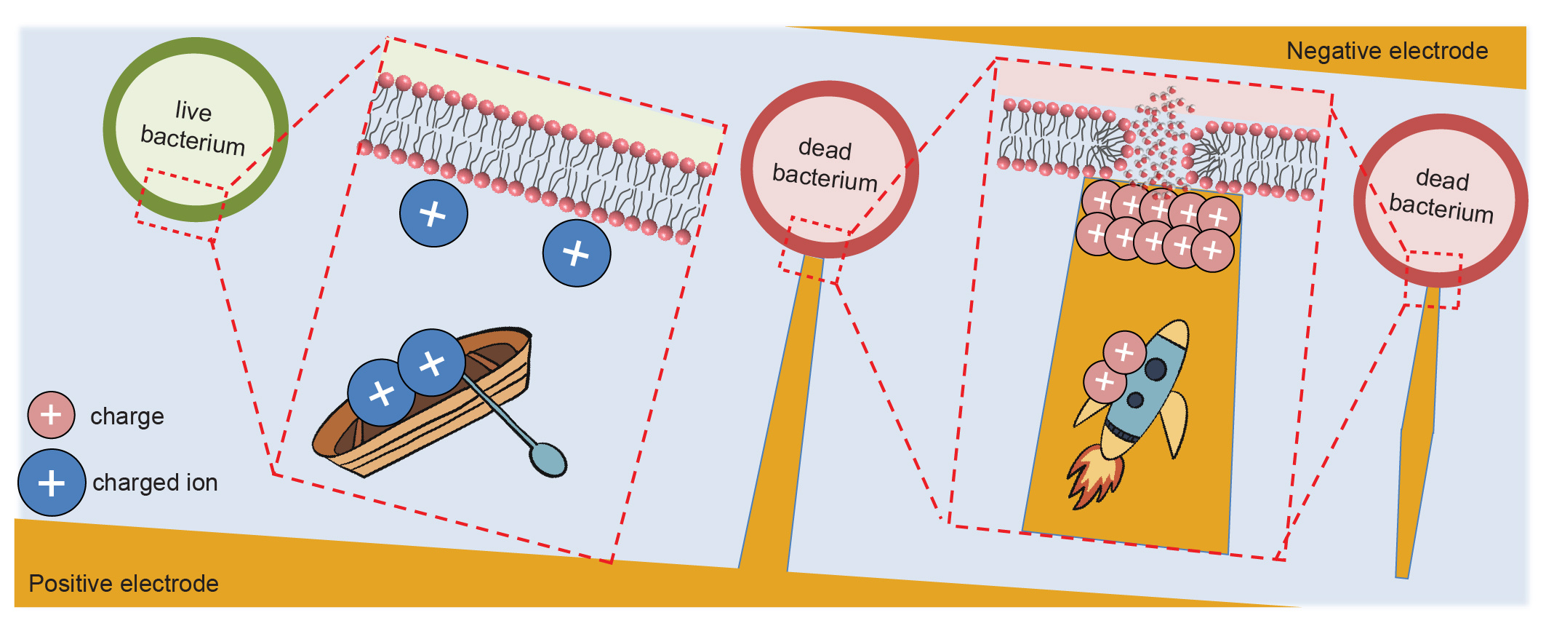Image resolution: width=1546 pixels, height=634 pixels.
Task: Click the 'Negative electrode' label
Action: point(1387,51)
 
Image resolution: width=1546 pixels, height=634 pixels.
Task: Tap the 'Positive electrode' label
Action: point(124,583)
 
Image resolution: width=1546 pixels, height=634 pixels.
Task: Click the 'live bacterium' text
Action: point(193,127)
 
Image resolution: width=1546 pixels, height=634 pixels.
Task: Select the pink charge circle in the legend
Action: point(51,415)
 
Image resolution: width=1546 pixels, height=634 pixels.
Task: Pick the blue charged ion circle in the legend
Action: point(52,483)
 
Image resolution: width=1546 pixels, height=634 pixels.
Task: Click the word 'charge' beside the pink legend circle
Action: point(127,416)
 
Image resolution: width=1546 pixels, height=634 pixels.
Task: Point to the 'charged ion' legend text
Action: point(155,483)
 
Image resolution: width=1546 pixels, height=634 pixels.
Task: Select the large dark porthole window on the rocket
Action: point(1156,369)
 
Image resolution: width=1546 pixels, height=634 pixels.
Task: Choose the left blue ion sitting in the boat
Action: point(381,393)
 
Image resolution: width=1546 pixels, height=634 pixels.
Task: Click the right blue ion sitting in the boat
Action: point(431,362)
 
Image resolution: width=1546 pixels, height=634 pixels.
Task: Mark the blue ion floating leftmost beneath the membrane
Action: point(433,214)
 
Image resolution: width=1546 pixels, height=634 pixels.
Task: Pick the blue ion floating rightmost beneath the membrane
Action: point(577,253)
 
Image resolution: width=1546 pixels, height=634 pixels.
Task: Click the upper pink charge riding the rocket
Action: point(1124,352)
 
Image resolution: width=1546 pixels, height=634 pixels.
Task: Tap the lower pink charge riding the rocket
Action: point(1105,381)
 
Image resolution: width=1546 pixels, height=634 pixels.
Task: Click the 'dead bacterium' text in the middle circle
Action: point(825,164)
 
